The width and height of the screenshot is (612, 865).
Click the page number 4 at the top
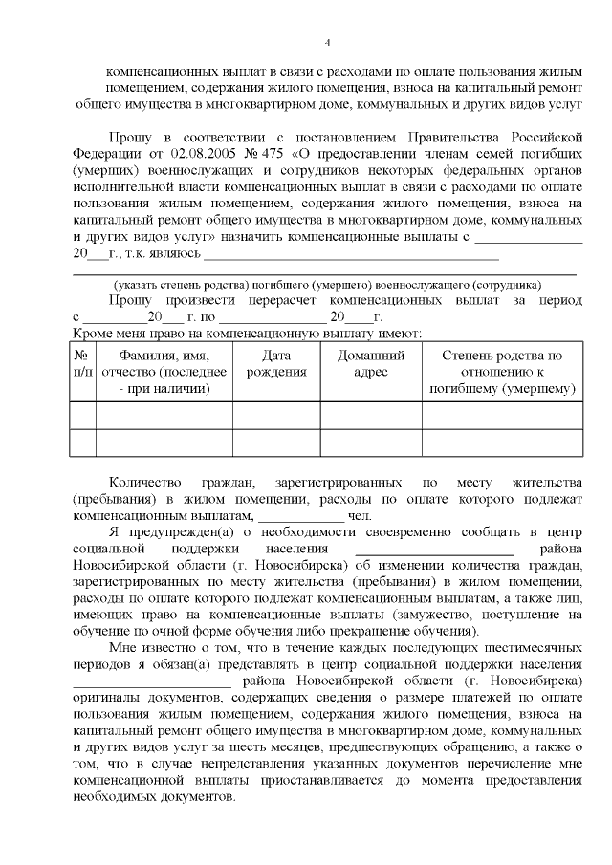coord(327,42)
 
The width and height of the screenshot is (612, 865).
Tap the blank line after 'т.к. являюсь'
coord(351,254)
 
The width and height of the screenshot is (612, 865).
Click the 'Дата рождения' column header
coord(275,363)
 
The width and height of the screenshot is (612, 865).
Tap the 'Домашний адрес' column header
coord(370,363)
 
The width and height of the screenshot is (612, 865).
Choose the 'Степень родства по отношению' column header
coord(502,372)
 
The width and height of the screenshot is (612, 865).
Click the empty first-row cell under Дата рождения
coord(275,417)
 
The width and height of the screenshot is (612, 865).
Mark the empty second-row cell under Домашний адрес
coord(370,443)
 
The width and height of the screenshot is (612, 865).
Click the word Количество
coord(142,482)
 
